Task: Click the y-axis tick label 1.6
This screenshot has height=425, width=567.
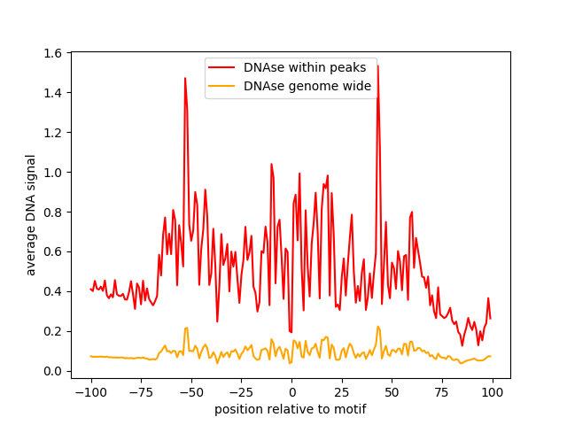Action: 52,53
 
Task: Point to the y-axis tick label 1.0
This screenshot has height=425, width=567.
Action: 52,173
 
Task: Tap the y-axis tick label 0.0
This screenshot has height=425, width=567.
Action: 52,372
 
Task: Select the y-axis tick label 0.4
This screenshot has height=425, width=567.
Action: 52,292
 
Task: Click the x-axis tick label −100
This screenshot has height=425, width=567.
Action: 91,392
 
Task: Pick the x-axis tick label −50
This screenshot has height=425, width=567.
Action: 191,392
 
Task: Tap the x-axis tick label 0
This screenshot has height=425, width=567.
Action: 292,392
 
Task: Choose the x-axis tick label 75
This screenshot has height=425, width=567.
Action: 442,392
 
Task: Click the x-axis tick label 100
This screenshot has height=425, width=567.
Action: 493,392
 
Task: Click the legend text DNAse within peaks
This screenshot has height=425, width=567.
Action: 305,67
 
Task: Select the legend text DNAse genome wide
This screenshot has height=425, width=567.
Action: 307,86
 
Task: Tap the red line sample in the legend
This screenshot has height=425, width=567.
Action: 221,67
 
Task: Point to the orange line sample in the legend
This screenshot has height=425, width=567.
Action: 221,86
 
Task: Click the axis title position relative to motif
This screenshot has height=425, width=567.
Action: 291,410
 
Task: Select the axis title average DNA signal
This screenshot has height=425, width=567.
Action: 31,215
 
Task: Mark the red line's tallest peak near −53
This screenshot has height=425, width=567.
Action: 185,78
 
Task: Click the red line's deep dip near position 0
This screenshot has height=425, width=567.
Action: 291,332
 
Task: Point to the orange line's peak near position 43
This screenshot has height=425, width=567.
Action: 378,327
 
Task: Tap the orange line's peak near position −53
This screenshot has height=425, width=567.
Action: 186,328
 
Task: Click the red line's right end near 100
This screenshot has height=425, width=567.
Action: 490,319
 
